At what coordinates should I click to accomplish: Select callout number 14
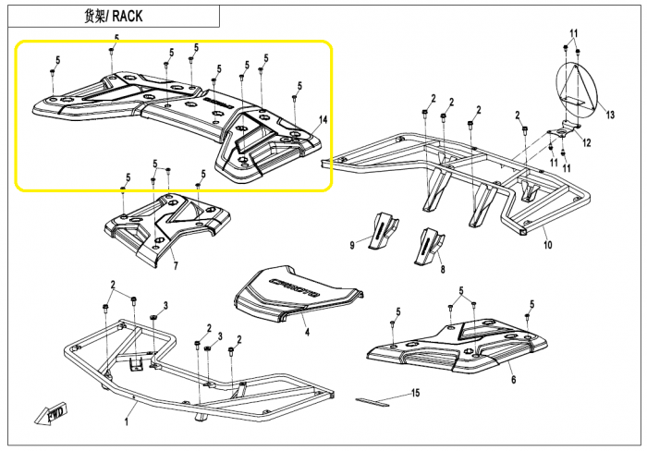(323, 119)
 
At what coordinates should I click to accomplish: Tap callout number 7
(176, 266)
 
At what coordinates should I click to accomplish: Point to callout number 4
(307, 332)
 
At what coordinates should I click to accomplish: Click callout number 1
(127, 422)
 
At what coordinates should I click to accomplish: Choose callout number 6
(513, 379)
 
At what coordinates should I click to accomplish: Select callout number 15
(416, 393)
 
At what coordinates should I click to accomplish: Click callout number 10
(547, 245)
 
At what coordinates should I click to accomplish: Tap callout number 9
(352, 245)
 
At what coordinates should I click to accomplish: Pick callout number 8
(443, 270)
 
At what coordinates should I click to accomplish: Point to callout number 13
(610, 115)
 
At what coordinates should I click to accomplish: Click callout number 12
(586, 142)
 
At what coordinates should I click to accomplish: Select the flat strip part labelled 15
(372, 401)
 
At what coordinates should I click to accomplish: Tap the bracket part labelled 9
(384, 231)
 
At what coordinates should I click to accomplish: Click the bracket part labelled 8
(429, 246)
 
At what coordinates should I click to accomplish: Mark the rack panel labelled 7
(167, 227)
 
